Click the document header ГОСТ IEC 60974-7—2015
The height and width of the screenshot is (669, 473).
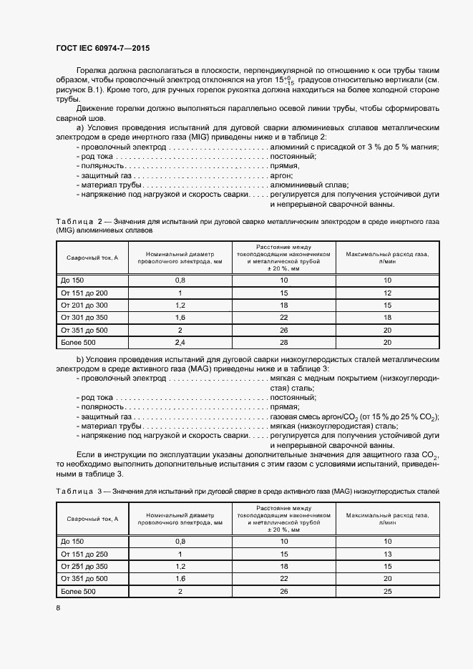coord(102,49)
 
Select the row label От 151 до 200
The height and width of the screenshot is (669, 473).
coord(84,293)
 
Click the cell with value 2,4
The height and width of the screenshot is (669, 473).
coord(180,343)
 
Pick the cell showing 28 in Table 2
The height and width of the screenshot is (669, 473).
coord(284,343)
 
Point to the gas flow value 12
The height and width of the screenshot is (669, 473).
coord(387,293)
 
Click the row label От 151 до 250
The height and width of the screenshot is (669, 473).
coord(84,554)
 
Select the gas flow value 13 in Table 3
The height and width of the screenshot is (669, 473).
coord(387,554)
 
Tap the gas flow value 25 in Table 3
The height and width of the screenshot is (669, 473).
coord(387,592)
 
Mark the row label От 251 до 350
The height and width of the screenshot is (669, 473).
coord(84,566)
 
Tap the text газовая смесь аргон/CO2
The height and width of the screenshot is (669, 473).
coord(315,417)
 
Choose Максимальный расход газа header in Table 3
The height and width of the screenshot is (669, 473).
coord(387,519)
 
